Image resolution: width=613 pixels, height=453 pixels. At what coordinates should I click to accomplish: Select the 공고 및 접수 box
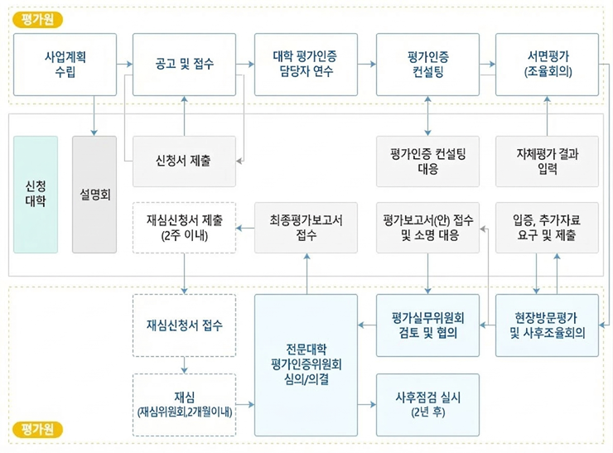click(x=184, y=63)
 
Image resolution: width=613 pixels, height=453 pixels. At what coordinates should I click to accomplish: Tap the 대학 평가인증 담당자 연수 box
click(x=306, y=63)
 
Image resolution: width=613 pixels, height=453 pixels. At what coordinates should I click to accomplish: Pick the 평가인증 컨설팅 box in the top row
click(x=427, y=63)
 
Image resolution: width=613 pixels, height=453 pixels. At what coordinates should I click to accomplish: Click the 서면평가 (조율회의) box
click(x=548, y=63)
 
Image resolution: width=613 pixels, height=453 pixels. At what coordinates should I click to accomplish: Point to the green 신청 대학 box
click(x=36, y=194)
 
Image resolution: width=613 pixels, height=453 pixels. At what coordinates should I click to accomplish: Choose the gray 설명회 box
click(x=95, y=194)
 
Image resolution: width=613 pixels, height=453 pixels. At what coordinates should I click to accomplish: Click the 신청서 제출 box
click(x=184, y=161)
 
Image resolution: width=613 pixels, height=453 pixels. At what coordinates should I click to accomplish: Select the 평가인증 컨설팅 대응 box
click(x=427, y=161)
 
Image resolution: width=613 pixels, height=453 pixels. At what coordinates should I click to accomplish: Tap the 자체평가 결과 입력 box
click(x=548, y=161)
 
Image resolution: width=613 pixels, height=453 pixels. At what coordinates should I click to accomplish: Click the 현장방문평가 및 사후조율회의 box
click(x=548, y=325)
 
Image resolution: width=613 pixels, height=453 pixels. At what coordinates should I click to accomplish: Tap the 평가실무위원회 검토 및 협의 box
click(x=427, y=325)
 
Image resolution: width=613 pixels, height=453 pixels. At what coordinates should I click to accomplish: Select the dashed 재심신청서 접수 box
click(x=184, y=325)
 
